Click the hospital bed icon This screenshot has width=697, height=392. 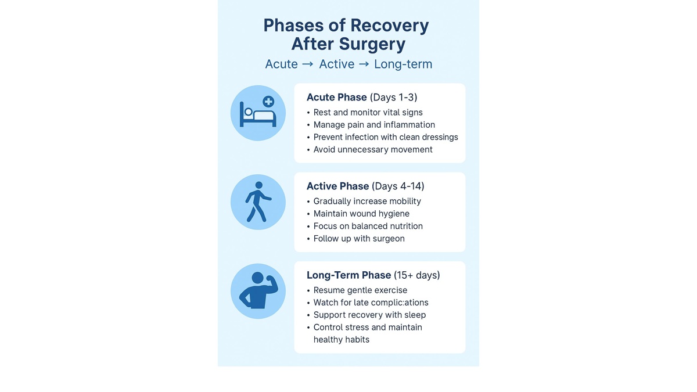point(258,114)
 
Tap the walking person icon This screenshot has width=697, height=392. point(257,202)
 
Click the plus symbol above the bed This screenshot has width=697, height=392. point(268,102)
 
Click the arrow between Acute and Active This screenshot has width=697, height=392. point(308,64)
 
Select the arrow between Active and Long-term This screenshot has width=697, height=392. point(364,64)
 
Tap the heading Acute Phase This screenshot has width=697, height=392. point(336,97)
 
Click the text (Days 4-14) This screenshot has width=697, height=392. point(398,186)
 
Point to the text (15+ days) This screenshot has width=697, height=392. point(416,275)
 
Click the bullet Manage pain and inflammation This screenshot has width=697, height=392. point(374,125)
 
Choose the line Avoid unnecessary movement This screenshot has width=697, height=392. point(373,149)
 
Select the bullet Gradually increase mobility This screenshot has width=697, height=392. point(367,201)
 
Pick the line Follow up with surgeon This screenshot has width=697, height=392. point(359,238)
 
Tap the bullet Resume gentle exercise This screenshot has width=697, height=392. point(360,290)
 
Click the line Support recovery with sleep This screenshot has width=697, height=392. point(369,315)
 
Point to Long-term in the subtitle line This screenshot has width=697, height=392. point(403,64)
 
